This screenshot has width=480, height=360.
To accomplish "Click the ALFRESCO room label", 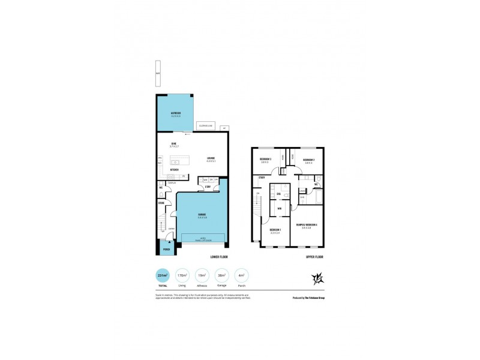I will pyautogui.click(x=176, y=114).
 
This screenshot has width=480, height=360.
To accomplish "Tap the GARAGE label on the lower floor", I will pyautogui.click(x=202, y=215).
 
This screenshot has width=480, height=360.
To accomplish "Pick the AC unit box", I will pyautogui.click(x=224, y=128).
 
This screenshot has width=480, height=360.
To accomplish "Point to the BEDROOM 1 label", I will pyautogui.click(x=275, y=231).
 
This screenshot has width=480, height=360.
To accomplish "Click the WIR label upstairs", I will pyautogui.click(x=280, y=208).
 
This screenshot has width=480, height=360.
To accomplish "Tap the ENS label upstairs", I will pyautogui.click(x=279, y=193).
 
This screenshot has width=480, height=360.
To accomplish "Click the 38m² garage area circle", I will pyautogui.click(x=221, y=276).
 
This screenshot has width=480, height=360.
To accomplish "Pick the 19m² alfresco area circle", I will pyautogui.click(x=202, y=276).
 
